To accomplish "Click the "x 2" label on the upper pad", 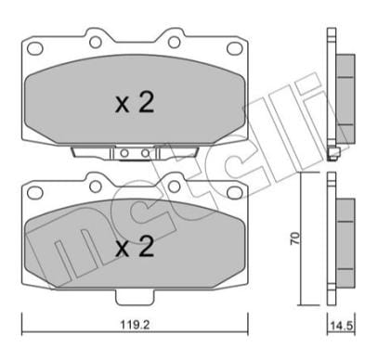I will pos(135,104).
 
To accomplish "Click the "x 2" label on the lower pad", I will pos(135,248).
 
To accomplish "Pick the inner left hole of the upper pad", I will pos(96,42).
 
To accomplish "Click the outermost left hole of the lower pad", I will pos(36,194).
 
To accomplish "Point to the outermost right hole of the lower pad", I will pos(231,194).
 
